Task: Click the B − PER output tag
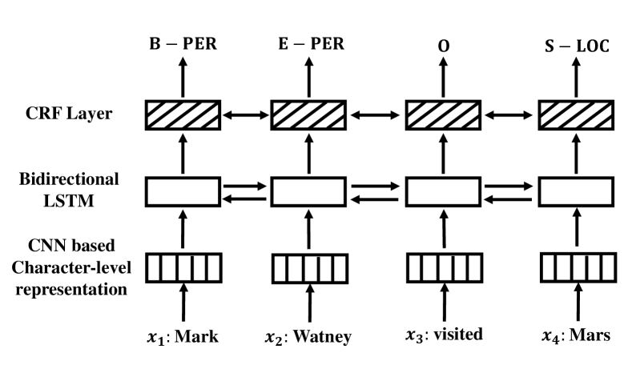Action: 183,46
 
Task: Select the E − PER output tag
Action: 309,46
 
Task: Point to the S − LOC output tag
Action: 574,46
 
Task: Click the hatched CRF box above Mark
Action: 183,116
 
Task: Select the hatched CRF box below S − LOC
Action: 575,116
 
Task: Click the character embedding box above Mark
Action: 183,267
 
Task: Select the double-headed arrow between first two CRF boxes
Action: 246,116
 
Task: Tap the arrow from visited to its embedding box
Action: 443,305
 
